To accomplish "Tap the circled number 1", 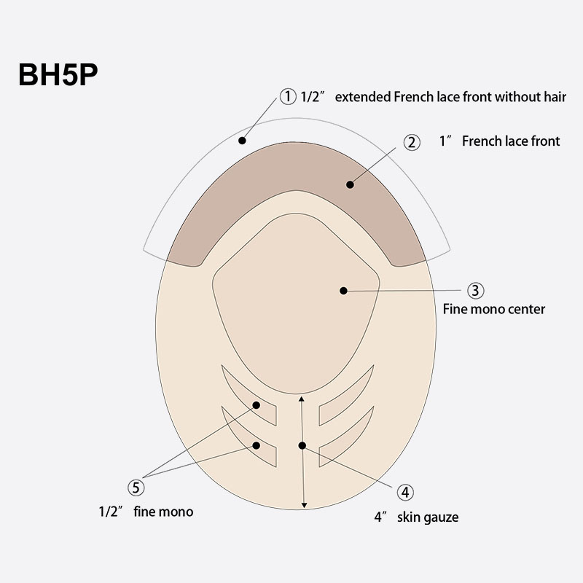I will (288, 97).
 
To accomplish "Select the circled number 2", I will (412, 142).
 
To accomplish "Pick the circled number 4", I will (405, 493).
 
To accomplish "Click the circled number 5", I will (137, 486).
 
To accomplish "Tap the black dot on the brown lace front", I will (350, 184).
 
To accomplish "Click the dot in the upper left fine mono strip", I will (257, 404).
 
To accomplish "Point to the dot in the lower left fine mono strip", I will (257, 445).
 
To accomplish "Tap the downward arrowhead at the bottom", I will (303, 504).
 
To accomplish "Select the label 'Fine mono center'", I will (494, 309).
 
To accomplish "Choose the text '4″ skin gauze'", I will (416, 517).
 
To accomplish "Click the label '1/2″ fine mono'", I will (146, 512).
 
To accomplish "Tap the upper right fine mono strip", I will (348, 404).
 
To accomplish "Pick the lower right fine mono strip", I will (348, 445).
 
